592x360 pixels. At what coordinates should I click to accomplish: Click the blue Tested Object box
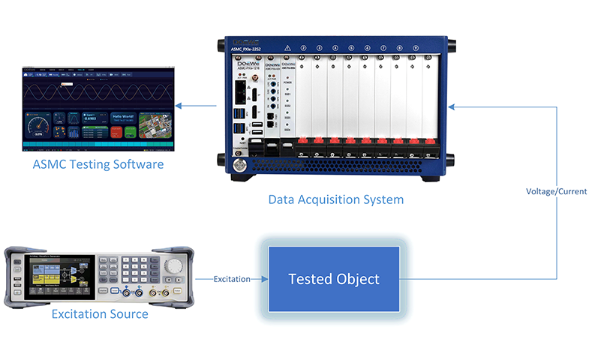click(334, 279)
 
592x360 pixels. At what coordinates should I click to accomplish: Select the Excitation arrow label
click(232, 279)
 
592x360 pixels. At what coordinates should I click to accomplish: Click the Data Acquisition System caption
click(335, 199)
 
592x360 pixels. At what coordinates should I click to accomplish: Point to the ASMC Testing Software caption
click(98, 163)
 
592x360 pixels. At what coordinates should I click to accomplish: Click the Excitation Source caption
click(100, 313)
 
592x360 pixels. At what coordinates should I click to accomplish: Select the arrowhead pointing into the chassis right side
click(452, 108)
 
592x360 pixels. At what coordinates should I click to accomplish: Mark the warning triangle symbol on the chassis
click(287, 46)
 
